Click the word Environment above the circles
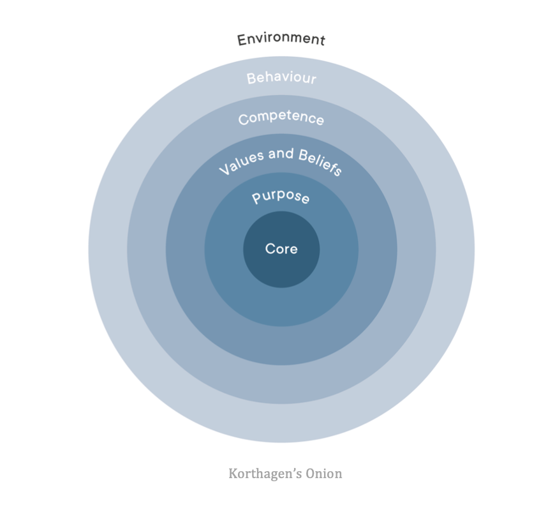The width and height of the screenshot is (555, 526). [x=281, y=39]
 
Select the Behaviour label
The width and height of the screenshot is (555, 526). [x=281, y=78]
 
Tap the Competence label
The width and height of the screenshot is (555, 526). [x=281, y=118]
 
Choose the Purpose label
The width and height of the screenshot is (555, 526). [x=281, y=197]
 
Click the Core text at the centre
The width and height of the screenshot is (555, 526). [x=281, y=249]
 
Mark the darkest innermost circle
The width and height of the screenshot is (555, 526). [x=281, y=268]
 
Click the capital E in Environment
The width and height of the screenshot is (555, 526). [x=242, y=40]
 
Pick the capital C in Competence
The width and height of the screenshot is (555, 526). [x=243, y=120]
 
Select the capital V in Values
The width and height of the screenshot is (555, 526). [x=223, y=171]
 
